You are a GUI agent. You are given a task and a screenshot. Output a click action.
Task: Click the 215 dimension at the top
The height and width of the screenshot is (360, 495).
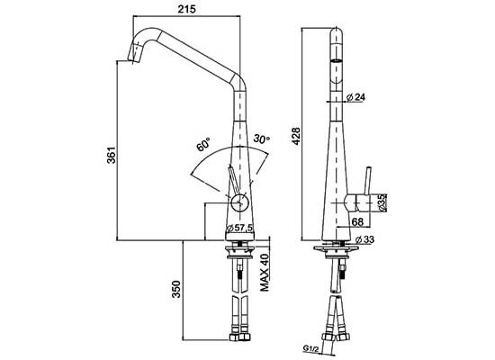pyautogui.click(x=186, y=9)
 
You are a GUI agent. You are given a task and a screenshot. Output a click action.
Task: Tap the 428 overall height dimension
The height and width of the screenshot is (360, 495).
pyautogui.click(x=296, y=136)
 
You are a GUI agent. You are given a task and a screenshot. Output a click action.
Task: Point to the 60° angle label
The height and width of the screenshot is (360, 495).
pyautogui.click(x=203, y=144)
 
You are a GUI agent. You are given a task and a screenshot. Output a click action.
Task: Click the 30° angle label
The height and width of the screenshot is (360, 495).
pyautogui.click(x=262, y=139)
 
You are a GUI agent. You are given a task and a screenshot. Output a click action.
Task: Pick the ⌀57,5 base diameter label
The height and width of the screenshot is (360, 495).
pyautogui.click(x=240, y=228)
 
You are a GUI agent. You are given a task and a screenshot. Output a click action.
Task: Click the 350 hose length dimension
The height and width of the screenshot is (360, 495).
pyautogui.click(x=175, y=289)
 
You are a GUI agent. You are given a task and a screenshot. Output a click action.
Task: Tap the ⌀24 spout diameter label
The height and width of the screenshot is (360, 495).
pyautogui.click(x=355, y=97)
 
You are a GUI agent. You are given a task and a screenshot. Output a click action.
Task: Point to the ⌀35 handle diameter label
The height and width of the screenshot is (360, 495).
pyautogui.click(x=382, y=202)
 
